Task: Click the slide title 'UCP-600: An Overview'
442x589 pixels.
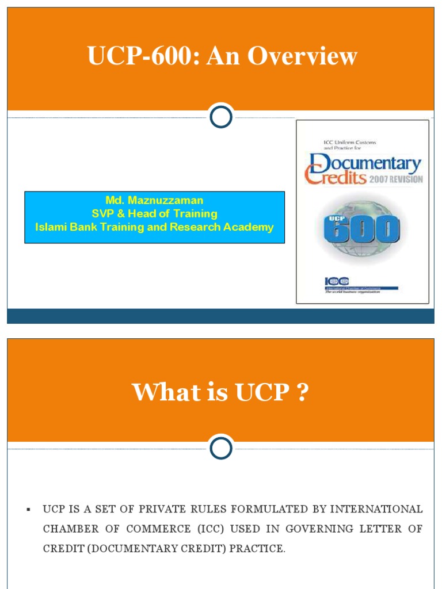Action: [222, 57]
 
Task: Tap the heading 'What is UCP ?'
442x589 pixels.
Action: [220, 393]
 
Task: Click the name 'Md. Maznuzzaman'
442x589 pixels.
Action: [154, 200]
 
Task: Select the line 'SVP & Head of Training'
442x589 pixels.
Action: [154, 213]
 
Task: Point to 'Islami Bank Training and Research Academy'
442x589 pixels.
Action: [154, 227]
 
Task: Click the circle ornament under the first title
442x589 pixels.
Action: [220, 117]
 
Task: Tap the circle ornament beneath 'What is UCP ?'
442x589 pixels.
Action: [220, 449]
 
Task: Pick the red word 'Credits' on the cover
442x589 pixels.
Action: [336, 177]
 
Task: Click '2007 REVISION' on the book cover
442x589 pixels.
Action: [396, 179]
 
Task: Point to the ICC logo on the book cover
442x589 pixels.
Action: [337, 281]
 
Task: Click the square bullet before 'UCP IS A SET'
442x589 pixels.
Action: [28, 510]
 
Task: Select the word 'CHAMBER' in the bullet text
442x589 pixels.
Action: [68, 529]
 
